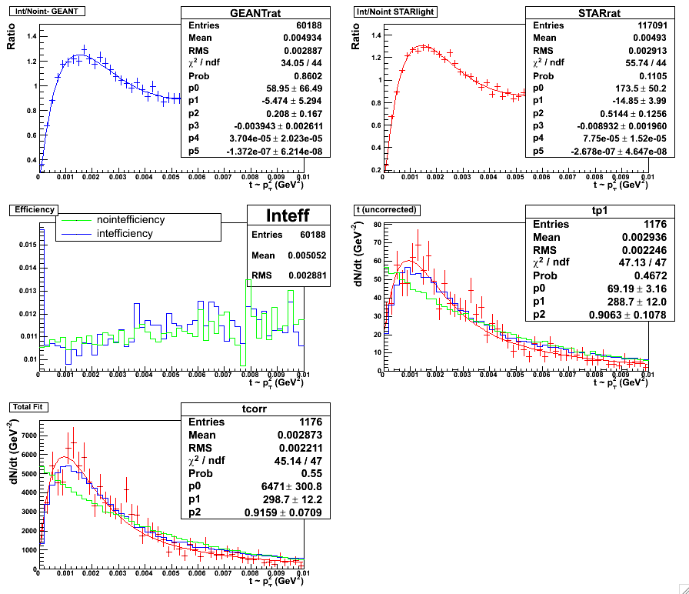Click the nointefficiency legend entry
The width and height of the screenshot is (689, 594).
tap(129, 220)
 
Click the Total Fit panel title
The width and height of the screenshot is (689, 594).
tap(28, 405)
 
